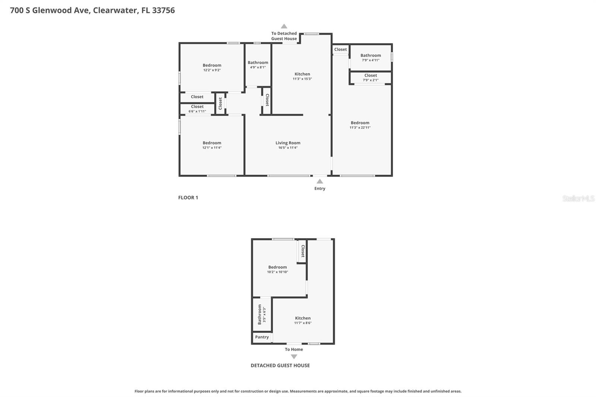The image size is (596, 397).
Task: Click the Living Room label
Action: [288, 143]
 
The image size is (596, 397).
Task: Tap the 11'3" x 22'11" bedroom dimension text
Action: [360, 128]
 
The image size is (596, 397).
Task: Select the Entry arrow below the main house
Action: [320, 182]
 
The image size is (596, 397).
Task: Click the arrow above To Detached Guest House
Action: [284, 26]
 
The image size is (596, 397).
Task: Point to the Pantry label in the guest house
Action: [262, 337]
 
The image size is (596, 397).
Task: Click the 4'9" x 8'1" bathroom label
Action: [258, 65]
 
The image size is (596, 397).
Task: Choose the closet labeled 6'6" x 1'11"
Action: [197, 109]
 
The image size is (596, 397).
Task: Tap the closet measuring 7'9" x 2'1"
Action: [371, 77]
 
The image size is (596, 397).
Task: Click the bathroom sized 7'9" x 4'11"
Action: [371, 57]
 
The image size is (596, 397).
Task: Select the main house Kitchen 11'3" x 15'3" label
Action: [302, 76]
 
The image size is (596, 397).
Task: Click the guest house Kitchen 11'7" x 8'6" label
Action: [302, 320]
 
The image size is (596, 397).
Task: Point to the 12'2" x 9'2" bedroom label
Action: [212, 67]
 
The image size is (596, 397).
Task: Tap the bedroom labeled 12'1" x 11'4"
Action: [212, 145]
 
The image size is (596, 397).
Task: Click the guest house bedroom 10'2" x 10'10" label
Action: [278, 269]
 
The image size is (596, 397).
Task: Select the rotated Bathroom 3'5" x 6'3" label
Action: [261, 314]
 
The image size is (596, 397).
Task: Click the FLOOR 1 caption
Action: [188, 198]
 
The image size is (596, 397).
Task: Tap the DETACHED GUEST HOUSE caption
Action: [280, 366]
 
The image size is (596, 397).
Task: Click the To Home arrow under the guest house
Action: [294, 356]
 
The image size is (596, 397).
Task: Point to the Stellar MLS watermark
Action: [578, 198]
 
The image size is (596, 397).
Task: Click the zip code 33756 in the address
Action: [163, 10]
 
